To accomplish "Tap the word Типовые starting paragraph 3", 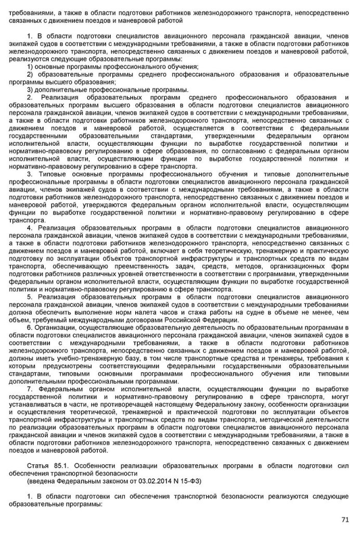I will (x=54, y=173).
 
